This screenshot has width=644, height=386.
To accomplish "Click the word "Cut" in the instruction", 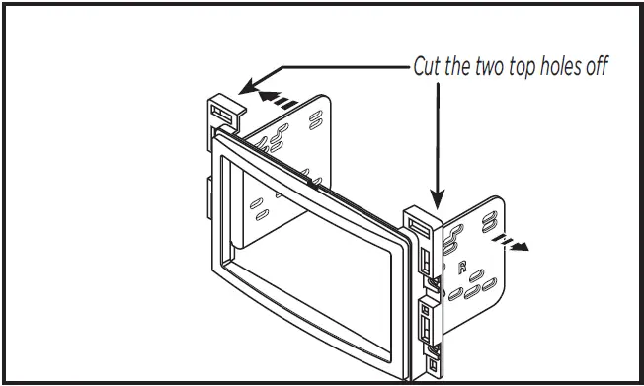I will pos(427,68).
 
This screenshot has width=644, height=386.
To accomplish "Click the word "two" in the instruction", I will pos(487,68).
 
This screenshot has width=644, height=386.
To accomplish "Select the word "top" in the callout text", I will pos(520,69).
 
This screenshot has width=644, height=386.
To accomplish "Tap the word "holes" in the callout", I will pos(558,68).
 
